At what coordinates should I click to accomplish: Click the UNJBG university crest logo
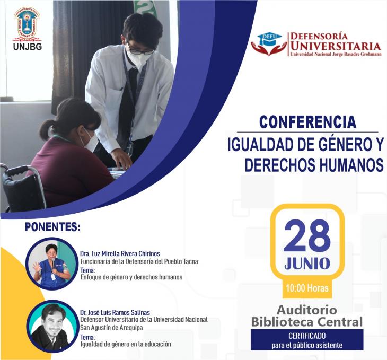28,24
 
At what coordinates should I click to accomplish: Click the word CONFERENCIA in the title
308,122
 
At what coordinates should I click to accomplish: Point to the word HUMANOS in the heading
351,165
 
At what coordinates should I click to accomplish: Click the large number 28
307,235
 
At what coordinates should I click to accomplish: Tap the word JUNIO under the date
307,264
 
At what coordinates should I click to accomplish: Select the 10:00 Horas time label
307,288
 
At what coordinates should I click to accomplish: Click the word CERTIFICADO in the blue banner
307,336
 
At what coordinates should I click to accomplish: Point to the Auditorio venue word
307,310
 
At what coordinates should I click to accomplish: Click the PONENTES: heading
53,227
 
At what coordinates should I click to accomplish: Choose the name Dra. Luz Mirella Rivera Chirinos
120,253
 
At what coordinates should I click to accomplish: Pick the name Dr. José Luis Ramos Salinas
115,312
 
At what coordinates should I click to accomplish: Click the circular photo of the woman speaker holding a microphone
52,264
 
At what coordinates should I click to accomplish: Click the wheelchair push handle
18,171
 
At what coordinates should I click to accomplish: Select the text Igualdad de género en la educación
126,344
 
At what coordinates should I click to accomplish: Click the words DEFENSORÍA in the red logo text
319,36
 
